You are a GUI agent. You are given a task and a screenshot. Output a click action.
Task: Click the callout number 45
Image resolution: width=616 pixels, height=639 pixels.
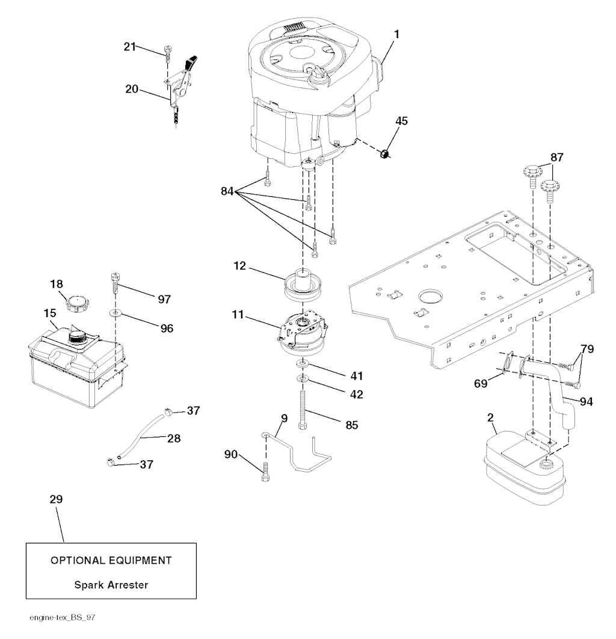click(x=401, y=121)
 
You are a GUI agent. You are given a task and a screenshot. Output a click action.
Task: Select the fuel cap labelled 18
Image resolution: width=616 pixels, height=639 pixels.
click(x=77, y=304)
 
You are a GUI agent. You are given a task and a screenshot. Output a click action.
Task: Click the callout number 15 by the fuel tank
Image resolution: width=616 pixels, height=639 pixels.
click(x=50, y=313)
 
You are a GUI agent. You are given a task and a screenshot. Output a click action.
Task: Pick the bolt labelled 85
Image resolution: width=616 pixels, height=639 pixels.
click(x=303, y=409)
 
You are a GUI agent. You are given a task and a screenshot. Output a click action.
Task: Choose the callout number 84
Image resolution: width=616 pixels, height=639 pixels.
click(x=227, y=191)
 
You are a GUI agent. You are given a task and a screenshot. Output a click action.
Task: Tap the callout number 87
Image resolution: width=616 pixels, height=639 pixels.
click(x=556, y=157)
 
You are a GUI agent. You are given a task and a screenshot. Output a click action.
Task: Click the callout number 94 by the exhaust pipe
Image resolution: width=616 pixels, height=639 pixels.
click(x=586, y=401)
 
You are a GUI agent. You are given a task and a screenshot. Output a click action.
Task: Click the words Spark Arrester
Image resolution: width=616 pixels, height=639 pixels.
click(x=111, y=585)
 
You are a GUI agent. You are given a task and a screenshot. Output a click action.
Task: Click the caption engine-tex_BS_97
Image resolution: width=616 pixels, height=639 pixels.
click(x=63, y=617)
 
